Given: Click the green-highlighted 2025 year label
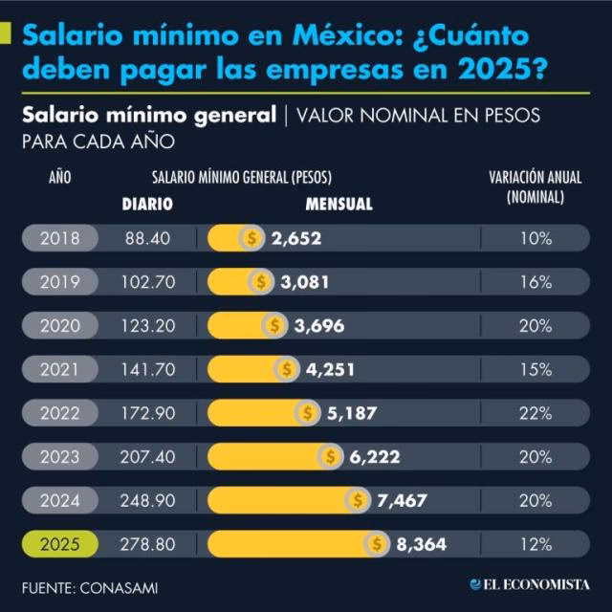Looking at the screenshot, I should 59,544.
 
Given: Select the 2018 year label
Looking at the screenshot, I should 59,238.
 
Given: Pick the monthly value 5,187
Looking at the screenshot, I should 350,413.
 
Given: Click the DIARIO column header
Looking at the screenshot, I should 147,204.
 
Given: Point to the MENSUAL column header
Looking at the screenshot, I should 339,204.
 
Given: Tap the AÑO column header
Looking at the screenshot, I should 59,177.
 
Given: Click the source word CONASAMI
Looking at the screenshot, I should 120,584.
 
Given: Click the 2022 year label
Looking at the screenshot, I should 59,413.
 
